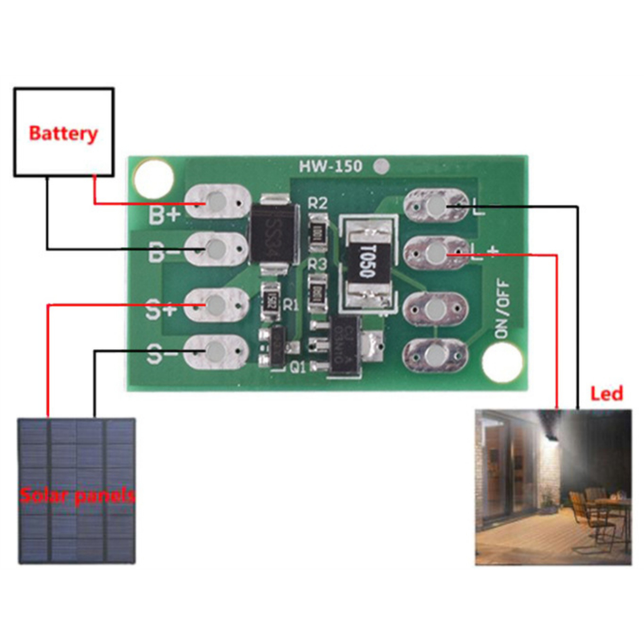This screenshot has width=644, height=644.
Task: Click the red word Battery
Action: [64, 133]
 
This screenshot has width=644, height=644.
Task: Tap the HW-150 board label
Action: [330, 167]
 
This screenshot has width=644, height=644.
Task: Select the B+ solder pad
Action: [217, 201]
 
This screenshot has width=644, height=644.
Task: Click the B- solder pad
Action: [216, 249]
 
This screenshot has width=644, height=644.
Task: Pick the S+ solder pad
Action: [216, 304]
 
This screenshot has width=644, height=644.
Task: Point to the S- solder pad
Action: [216, 352]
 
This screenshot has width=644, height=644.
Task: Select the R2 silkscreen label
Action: [318, 203]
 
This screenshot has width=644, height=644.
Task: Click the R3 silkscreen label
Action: [318, 265]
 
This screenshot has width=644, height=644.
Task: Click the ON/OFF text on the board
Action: [502, 309]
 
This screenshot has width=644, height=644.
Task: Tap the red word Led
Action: [606, 394]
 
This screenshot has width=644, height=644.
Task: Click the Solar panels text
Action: [77, 496]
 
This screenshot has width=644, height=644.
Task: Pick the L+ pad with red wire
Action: [436, 253]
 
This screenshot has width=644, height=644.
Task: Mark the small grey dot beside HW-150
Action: [379, 167]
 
